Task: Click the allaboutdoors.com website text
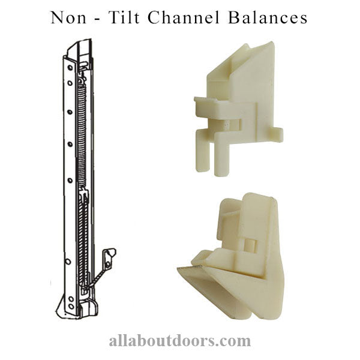point(179,340)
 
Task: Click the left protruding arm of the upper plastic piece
point(205,106)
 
